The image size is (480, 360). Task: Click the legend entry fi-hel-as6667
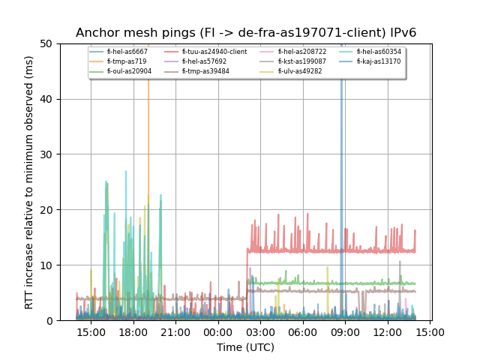[x=127, y=52]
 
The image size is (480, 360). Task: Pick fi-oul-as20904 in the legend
[x=129, y=71]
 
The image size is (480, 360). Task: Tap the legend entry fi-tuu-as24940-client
[x=214, y=52]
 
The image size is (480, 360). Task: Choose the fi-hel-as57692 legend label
[x=204, y=61]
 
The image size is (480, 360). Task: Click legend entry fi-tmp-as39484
[x=205, y=71]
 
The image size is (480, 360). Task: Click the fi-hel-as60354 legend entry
[x=379, y=52]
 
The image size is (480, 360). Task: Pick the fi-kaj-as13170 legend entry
[x=378, y=61]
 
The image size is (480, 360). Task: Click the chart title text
[x=246, y=33]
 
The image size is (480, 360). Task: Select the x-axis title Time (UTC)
[x=246, y=347]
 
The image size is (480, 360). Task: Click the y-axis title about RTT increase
[x=29, y=182]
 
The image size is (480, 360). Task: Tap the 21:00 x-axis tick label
[x=175, y=332]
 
